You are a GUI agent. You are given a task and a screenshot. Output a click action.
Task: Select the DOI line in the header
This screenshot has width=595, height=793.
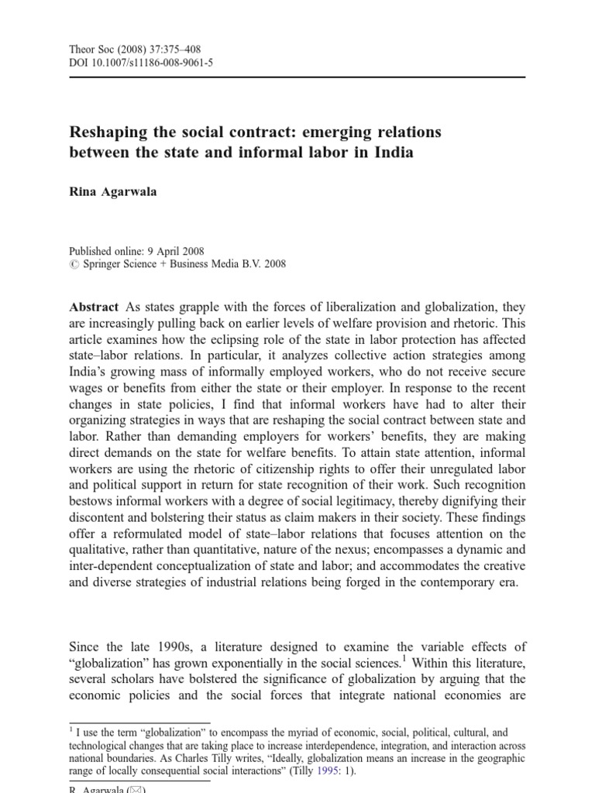pos(141,64)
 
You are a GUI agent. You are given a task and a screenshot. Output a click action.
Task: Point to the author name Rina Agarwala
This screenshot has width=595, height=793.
pos(112,192)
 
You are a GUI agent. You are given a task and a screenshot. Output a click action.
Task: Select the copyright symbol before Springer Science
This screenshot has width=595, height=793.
pos(74,264)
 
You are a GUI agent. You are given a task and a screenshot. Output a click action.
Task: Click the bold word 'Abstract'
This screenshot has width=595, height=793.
pos(93,307)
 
